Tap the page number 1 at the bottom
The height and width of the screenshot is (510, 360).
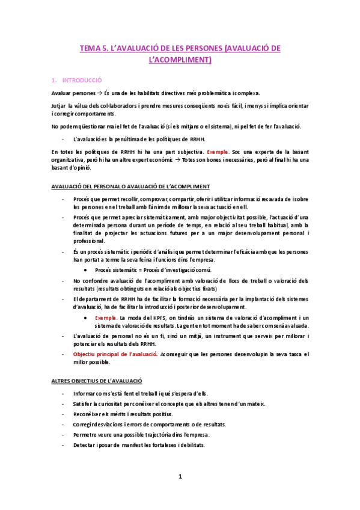[x=180, y=477]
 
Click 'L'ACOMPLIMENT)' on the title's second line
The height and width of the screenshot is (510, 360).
[x=180, y=60]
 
